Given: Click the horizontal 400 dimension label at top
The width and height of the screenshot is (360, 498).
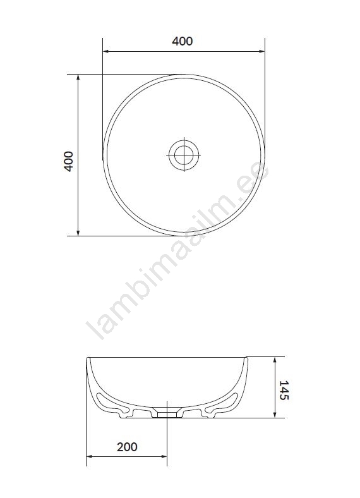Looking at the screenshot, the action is coord(183,41).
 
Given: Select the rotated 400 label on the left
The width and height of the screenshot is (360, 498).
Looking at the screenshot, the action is coord(69,161).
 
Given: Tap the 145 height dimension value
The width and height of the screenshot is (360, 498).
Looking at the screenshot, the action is coord(284,390).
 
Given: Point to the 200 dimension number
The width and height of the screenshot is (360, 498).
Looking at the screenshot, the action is coord(127,447).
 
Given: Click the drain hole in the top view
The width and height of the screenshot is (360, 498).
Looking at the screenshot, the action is coord(184,155).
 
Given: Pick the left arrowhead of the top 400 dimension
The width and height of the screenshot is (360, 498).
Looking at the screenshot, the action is coord(105,51).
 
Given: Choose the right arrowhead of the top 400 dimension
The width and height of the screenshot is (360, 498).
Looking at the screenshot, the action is coord(261,51).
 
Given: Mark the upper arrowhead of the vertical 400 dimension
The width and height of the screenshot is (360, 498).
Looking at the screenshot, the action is coord(78,78).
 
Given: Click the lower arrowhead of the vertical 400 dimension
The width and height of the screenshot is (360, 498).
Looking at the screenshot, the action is coord(78,233).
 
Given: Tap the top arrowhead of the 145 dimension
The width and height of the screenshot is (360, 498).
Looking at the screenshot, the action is coord(275,360).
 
